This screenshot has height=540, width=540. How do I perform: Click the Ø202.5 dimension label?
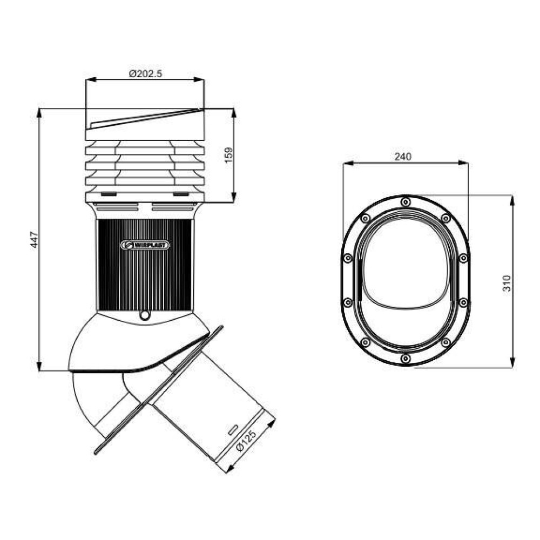coord(145,73)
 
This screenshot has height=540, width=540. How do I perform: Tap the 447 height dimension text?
coord(35,240)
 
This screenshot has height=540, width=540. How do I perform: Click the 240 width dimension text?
coord(403,157)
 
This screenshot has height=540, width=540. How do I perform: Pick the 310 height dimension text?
coord(507,283)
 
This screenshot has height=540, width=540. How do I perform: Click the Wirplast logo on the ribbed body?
coord(145,245)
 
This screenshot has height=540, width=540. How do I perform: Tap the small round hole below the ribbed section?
coord(145,315)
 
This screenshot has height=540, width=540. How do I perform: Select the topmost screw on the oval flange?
coord(406,201)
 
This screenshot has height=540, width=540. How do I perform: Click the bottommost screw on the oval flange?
coord(406,359)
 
